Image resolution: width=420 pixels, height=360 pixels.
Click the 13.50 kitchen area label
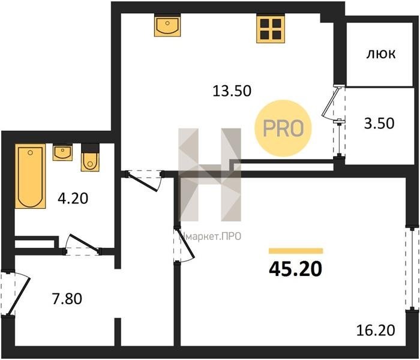[x=232, y=91]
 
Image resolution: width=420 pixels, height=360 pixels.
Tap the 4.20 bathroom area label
[x=73, y=199]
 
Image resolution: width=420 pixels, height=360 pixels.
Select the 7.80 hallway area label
[x=67, y=299]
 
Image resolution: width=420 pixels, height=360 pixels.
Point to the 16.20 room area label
[x=376, y=330]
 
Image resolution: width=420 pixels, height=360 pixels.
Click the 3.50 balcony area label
[x=379, y=124]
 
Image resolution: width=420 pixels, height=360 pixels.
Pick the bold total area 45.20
[x=295, y=269]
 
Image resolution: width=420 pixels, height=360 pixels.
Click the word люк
[x=380, y=55]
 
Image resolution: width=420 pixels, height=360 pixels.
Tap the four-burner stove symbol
[x=270, y=29]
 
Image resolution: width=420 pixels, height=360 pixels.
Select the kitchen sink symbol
[x=167, y=25]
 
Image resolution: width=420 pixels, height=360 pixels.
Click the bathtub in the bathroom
[x=30, y=176]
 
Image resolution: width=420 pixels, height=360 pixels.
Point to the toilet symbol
[x=90, y=157]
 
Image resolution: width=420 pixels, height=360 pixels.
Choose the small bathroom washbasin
[x=62, y=152]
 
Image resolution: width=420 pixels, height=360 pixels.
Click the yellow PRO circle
[x=283, y=128]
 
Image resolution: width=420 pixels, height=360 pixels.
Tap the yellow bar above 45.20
[x=296, y=251]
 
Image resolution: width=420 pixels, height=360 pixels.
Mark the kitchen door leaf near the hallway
[x=143, y=182]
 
